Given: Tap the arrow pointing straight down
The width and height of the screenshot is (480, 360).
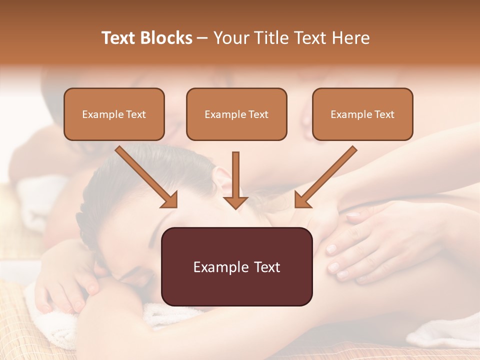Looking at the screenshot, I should [x=235, y=180].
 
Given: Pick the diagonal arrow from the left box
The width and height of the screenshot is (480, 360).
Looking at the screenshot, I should [x=146, y=177].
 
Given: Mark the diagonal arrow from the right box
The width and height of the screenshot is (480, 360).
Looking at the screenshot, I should [x=325, y=177].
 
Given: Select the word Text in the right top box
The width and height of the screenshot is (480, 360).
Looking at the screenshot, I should [x=384, y=114].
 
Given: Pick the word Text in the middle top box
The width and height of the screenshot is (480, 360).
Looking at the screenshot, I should [x=258, y=114].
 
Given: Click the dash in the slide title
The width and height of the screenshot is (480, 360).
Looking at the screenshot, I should [x=202, y=38].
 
